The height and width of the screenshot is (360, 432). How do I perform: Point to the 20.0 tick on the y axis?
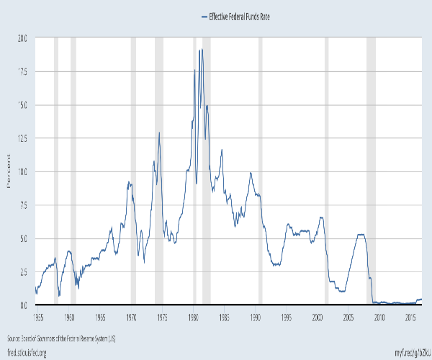22,39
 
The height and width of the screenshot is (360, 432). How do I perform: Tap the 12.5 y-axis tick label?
22,138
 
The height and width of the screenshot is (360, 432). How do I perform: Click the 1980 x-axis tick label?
194,316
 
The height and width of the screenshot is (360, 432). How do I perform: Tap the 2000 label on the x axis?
319,316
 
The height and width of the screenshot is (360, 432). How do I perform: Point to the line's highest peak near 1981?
201,49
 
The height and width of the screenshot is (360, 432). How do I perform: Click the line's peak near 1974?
159,132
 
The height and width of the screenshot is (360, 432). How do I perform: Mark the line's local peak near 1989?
250,173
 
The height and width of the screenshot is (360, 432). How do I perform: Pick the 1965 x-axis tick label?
100,316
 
